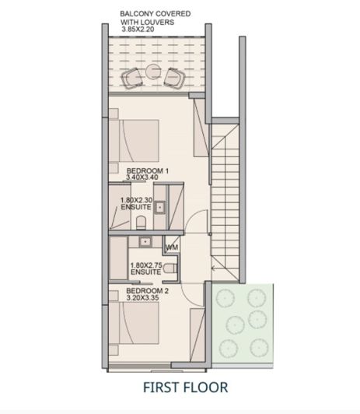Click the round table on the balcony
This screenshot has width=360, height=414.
(153, 72)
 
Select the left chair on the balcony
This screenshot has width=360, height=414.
(134, 77)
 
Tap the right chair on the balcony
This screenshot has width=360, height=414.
(174, 77)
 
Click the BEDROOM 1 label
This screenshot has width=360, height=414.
(148, 170)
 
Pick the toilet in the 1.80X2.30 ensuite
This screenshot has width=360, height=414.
(141, 223)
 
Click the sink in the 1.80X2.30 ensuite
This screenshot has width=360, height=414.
(161, 208)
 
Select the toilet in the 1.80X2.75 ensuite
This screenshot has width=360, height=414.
(170, 268)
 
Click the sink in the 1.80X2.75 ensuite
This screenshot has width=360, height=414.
(145, 242)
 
